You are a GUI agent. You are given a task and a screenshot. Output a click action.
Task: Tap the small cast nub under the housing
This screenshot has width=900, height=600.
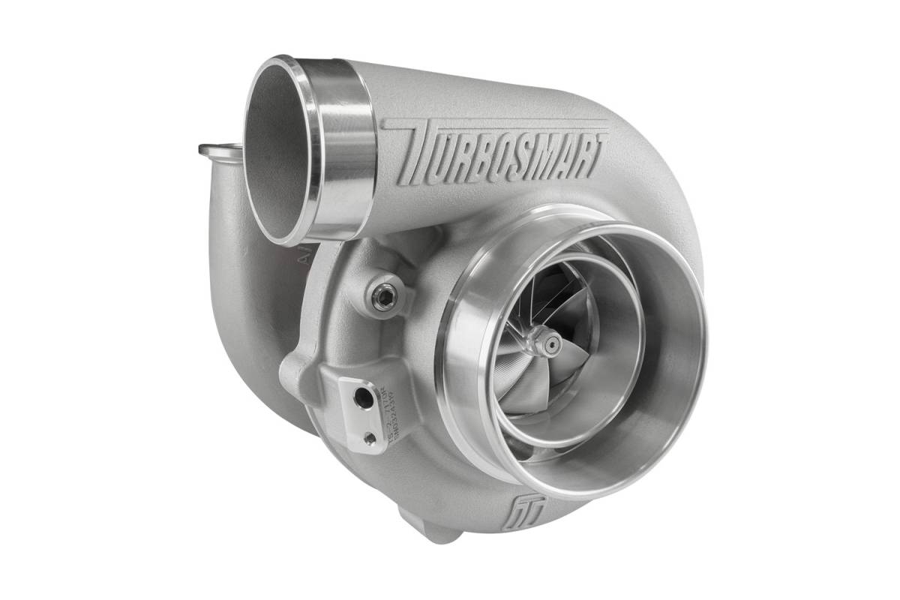coord(435,528)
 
